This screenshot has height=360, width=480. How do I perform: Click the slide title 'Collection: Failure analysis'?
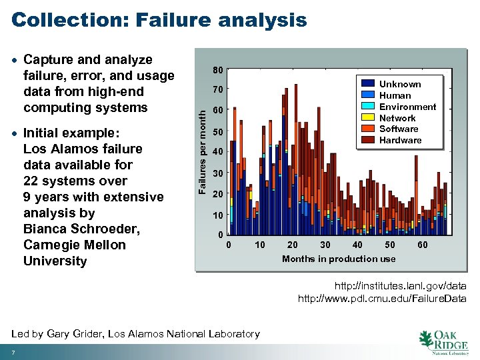coord(159,20)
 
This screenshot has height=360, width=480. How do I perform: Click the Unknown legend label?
coord(400,84)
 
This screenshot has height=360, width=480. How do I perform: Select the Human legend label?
coord(395,95)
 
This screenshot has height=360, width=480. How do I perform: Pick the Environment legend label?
coord(407,107)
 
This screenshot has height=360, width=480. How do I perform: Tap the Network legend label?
coord(397,118)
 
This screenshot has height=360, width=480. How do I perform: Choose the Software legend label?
coord(399,129)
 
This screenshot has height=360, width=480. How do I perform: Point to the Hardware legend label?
coord(400,140)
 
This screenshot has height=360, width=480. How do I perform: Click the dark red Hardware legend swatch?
coord(367,140)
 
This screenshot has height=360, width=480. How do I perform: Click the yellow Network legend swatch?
coord(367,117)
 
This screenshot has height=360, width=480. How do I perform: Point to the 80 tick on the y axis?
coord(218,70)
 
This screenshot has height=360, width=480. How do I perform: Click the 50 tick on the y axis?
coord(218,132)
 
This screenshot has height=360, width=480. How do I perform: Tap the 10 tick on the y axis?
coord(218,215)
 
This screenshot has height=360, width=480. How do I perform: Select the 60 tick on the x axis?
coord(423,245)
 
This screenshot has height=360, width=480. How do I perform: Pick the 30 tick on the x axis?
coord(325,245)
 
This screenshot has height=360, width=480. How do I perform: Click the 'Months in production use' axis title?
coord(338,259)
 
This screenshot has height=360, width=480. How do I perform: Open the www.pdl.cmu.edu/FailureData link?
coord(382,299)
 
